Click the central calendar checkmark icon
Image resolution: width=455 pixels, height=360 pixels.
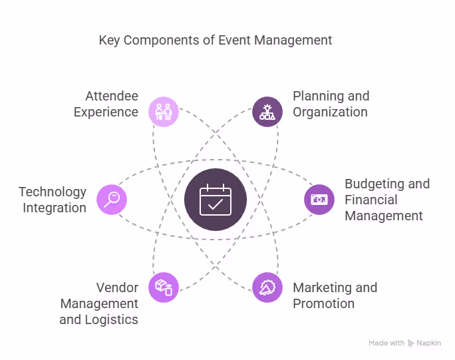pos(215,200)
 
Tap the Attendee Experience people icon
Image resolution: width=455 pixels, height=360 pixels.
pos(163,111)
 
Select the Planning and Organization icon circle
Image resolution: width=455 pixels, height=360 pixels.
pos(267,111)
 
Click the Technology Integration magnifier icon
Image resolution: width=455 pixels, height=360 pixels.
pos(112,199)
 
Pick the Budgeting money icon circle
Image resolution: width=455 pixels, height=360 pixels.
pos(319,199)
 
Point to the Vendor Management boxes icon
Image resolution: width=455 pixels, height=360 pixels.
pos(163,287)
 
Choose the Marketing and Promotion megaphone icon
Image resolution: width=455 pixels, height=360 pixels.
pos(267,287)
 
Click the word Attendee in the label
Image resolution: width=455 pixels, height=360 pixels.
pos(112,96)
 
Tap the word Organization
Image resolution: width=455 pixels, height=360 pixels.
pos(330,112)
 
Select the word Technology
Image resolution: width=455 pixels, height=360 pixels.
pos(53,192)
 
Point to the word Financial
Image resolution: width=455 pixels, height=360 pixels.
pos(371,200)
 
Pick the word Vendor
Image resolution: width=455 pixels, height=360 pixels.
pos(117,287)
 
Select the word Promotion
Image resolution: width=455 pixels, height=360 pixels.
pos(323,303)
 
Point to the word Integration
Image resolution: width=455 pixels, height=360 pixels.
pos(55,208)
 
